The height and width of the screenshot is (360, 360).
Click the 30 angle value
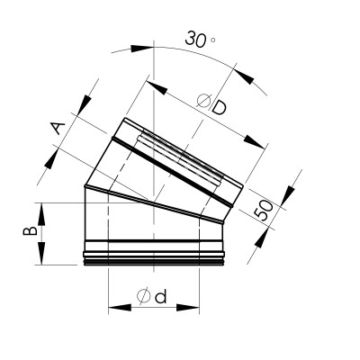pos(196,39)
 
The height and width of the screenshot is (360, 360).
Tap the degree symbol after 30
pos(213,40)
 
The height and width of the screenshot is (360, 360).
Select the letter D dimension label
pos(218,108)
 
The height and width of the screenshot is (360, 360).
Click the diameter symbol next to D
pos(203,100)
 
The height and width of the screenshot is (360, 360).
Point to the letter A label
pos(58,128)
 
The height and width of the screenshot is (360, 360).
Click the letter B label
pos(31,230)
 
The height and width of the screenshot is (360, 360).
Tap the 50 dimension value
pos(264,210)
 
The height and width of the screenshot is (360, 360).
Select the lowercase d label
pos(160,297)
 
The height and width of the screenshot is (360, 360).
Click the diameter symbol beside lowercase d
pos(144,297)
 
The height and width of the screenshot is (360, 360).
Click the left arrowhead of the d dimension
pos(120,308)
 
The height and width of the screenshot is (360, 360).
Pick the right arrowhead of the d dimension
pos(188,308)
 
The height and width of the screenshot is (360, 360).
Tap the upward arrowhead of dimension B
pos(41,214)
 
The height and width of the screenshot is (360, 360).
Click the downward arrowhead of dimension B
pos(41,254)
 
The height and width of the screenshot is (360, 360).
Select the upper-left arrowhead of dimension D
pos(157,87)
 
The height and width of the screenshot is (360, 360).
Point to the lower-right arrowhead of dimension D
pos(255,141)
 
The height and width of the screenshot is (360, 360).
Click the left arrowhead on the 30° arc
pos(142,49)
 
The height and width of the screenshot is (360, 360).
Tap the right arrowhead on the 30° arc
pos(244,76)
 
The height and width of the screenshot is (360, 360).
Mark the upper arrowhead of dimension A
pos(85,105)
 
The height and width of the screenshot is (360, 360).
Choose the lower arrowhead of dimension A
pos(50,158)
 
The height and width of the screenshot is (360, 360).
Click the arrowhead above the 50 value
pos(287,196)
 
